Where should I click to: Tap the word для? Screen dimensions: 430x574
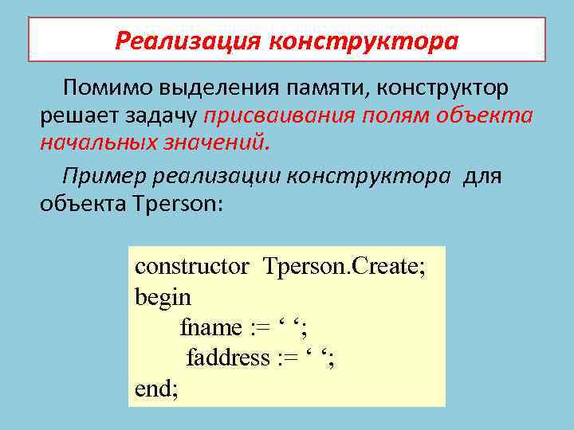click(x=482, y=175)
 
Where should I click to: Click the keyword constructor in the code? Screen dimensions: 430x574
click(x=191, y=266)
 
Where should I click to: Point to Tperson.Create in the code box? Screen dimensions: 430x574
click(x=344, y=266)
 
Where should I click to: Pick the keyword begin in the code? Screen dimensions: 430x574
click(x=163, y=298)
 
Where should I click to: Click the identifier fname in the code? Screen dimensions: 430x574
click(x=210, y=327)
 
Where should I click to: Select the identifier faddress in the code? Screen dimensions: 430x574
click(x=228, y=358)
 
